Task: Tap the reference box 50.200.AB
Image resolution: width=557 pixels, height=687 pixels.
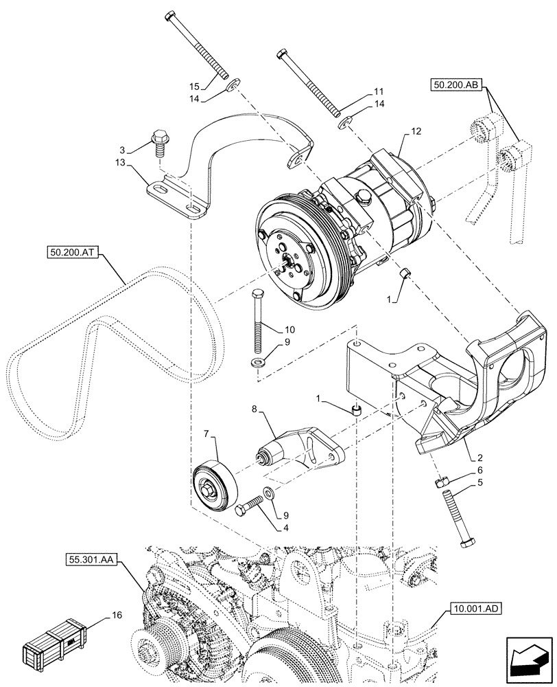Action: [458, 85]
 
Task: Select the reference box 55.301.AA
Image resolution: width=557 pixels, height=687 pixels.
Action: [94, 561]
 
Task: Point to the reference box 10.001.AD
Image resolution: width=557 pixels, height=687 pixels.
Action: [477, 607]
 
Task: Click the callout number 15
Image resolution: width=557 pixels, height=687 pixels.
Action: [193, 86]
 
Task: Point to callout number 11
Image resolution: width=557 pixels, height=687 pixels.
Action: [379, 91]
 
